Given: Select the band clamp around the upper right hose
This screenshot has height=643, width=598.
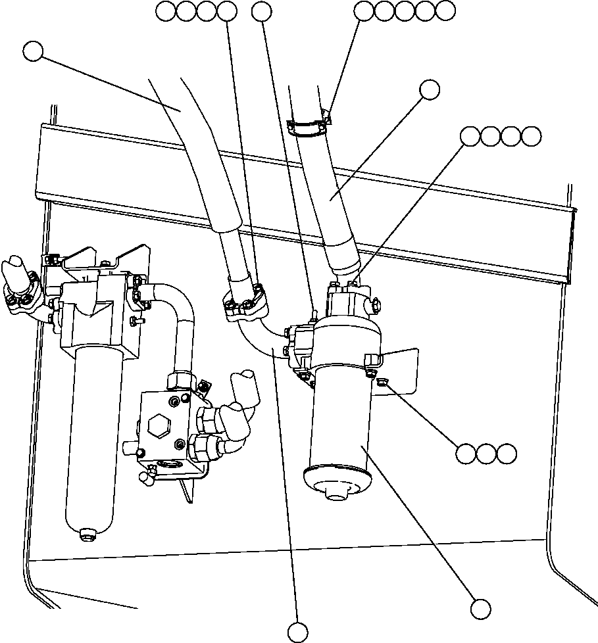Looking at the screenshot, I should click(310, 126).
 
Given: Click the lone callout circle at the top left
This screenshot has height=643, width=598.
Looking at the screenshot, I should click(33, 51).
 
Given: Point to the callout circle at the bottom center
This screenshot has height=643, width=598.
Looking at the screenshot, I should click(298, 632).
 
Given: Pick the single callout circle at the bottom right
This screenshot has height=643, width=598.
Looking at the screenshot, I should click(481, 608).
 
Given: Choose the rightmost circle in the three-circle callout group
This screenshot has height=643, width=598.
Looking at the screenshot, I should click(507, 454).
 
